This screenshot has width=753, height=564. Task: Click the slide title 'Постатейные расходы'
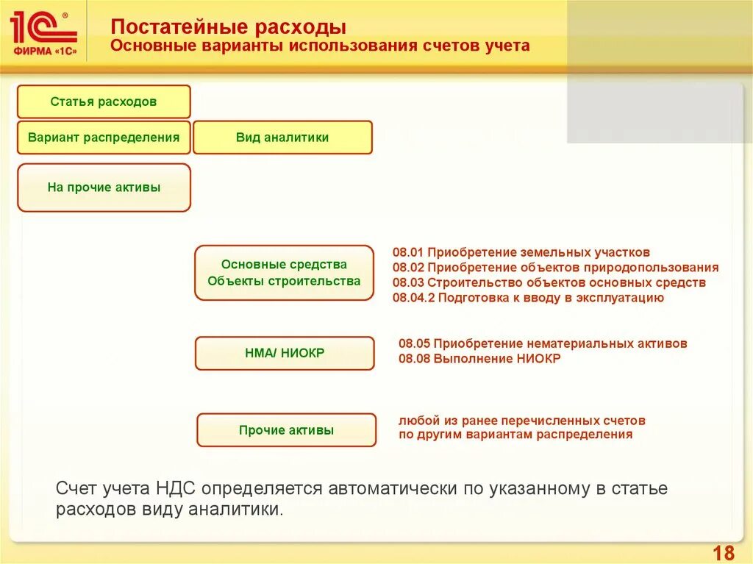(228, 28)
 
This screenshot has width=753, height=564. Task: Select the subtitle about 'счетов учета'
(320, 46)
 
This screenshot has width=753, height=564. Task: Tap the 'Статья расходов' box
(104, 101)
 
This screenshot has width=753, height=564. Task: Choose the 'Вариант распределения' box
(104, 138)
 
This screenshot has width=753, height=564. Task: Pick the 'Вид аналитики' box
(282, 138)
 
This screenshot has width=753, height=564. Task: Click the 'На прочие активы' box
(104, 188)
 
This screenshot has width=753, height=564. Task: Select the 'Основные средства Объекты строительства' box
(284, 273)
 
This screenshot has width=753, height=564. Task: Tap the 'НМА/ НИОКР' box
(285, 353)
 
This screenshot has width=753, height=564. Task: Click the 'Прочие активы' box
(286, 430)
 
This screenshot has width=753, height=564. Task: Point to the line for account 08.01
(521, 252)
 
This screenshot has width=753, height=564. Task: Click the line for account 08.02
(555, 268)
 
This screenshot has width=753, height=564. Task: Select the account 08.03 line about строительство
(549, 282)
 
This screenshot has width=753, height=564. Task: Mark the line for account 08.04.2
(528, 298)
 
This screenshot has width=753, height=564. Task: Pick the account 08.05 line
(543, 343)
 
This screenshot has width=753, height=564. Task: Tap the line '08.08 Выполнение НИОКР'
(479, 359)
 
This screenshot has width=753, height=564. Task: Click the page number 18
(724, 552)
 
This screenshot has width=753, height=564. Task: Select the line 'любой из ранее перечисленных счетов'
(522, 421)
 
